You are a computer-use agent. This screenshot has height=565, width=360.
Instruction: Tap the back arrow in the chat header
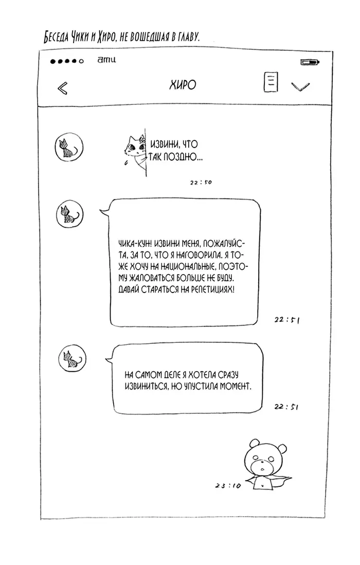coord(62,88)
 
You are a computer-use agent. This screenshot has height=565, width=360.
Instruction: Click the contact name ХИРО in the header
coord(183,85)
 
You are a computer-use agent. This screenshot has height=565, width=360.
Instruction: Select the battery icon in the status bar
coord(310,62)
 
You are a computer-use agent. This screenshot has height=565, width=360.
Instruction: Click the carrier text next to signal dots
coord(106,60)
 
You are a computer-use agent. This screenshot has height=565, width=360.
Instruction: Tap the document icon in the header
coord(271,82)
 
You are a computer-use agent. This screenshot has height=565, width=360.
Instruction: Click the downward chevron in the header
coord(300,87)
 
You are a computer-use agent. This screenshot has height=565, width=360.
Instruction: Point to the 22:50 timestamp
coord(201,183)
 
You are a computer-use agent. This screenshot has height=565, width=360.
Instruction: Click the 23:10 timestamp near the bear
coord(228,485)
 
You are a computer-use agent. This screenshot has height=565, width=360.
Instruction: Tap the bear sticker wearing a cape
coord(267,464)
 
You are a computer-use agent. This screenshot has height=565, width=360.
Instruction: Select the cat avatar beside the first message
coord(69,147)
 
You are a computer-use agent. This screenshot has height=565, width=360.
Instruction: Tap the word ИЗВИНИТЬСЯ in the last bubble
coord(146,386)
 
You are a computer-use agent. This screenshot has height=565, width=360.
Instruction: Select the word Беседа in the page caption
coord(56,37)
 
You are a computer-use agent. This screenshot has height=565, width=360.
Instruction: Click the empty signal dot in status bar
coord(81,61)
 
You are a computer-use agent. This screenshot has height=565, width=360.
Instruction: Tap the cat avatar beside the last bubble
coord(73,358)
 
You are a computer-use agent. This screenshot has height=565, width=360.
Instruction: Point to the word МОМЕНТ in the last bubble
coord(236,386)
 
